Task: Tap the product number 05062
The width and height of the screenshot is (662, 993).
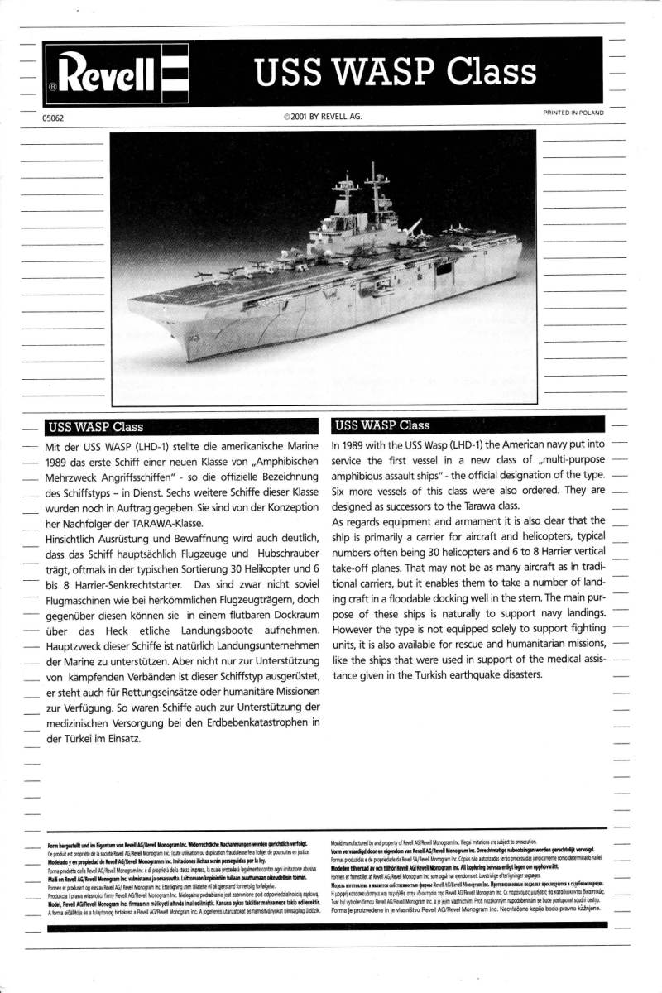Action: (x=53, y=118)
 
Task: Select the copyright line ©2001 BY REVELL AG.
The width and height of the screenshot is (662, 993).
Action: (x=323, y=117)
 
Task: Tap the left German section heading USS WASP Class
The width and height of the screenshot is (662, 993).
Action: (x=96, y=428)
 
